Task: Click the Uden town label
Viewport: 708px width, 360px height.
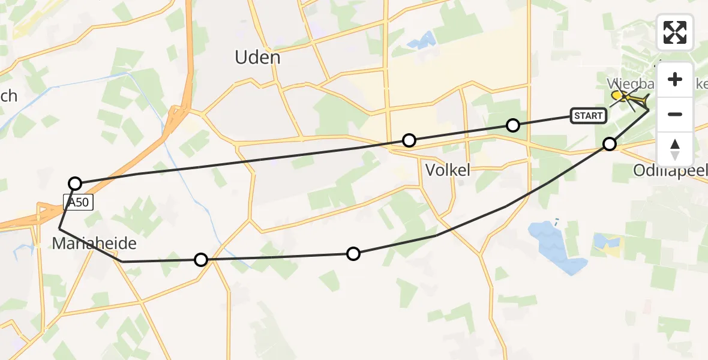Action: coord(257,58)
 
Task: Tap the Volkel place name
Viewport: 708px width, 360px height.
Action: coord(448,170)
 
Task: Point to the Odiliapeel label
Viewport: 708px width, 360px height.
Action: coord(670,171)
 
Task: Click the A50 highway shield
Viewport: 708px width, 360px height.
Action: coord(79,202)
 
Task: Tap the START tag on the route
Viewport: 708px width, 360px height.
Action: coord(588,115)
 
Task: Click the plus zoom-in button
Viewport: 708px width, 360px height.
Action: coord(675,79)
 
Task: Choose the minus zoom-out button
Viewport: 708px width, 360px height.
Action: coord(675,114)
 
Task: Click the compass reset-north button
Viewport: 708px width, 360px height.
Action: coord(675,149)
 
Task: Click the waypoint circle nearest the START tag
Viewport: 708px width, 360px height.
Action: coord(512,125)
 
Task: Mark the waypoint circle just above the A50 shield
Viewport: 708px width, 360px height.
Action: coord(75,183)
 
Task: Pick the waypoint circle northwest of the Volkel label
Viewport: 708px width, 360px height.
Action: coord(409,140)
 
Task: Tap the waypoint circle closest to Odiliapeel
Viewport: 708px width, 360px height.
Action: coord(610,143)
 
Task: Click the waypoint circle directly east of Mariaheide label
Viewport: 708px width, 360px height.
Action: coord(201,259)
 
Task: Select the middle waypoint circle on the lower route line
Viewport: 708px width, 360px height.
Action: coord(353,254)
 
